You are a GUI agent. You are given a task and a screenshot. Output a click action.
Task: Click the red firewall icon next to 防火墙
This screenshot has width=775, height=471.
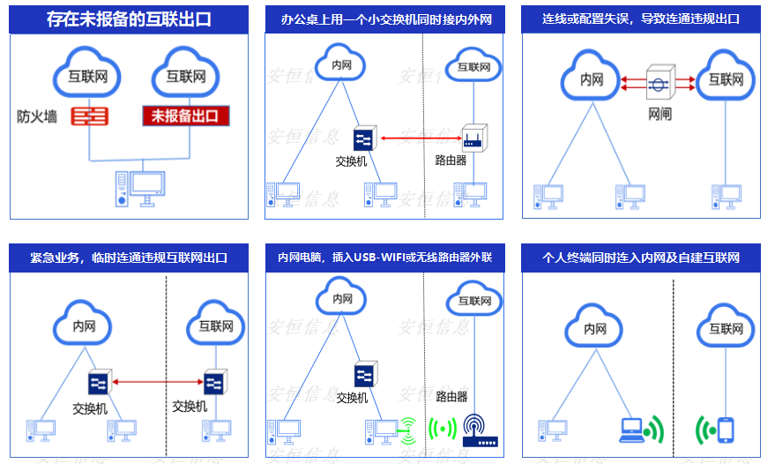[89, 116]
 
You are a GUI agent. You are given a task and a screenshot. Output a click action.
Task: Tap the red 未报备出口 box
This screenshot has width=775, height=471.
[185, 116]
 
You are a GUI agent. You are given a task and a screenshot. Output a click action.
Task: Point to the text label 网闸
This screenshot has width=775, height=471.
[659, 114]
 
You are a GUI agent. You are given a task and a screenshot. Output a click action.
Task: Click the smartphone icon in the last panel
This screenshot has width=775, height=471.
[726, 429]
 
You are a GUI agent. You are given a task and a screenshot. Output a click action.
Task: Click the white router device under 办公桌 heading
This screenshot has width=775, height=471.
[474, 138]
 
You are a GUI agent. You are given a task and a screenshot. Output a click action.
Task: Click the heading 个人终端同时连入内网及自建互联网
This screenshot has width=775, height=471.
[640, 258]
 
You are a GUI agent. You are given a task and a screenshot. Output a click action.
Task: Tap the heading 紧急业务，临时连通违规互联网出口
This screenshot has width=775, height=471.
[129, 258]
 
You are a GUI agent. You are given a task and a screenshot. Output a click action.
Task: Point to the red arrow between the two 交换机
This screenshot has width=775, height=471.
[155, 382]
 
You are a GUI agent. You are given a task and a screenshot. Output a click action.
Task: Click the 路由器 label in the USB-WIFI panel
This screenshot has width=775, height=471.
[451, 397]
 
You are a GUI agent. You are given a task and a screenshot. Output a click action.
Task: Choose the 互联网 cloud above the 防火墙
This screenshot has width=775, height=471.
[88, 77]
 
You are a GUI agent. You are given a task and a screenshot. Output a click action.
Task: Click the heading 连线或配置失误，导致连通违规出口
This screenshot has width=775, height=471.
[640, 18]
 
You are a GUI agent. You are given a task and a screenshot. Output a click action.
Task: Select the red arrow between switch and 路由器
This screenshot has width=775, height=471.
[421, 138]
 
